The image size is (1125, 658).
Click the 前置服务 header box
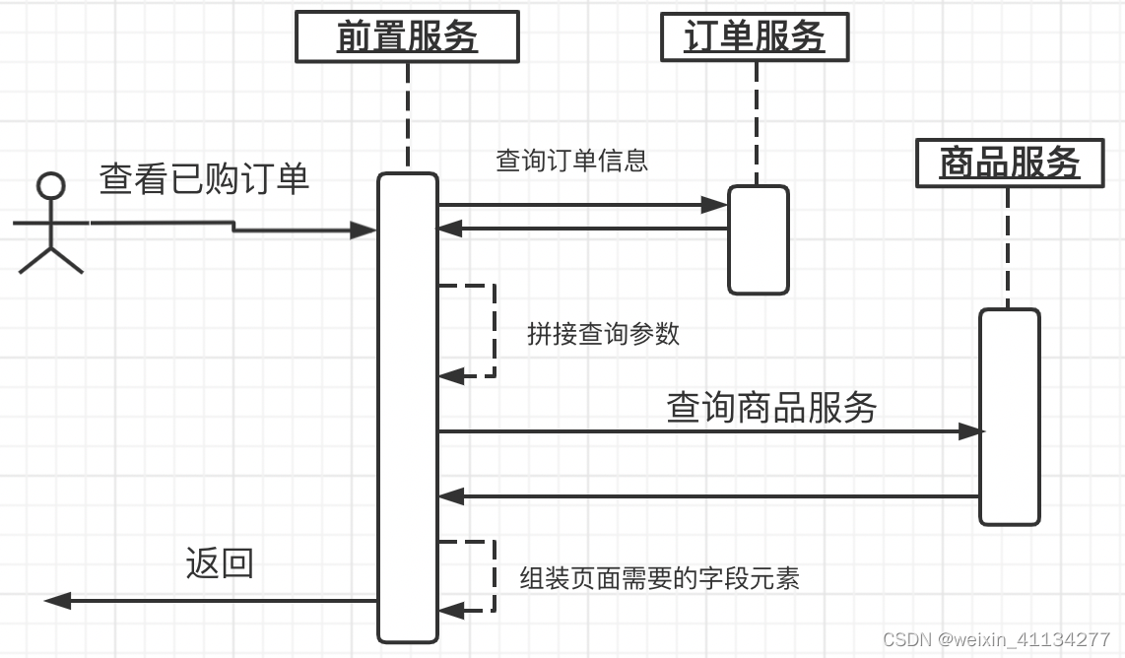click(x=407, y=38)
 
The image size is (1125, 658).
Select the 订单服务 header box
click(x=754, y=38)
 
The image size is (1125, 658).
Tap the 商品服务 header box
click(x=1009, y=163)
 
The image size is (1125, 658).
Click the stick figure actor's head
click(x=50, y=185)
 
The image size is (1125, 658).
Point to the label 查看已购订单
click(x=205, y=179)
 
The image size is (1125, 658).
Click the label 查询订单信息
click(x=571, y=161)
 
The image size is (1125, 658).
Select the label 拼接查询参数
click(x=603, y=334)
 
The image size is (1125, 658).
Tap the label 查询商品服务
click(x=771, y=407)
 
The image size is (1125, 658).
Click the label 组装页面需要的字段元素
click(x=659, y=578)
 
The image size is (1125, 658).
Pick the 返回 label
click(x=220, y=563)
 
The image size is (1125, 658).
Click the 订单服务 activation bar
click(x=759, y=239)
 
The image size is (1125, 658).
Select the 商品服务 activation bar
click(x=1009, y=417)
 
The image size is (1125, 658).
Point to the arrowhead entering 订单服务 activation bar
click(x=716, y=205)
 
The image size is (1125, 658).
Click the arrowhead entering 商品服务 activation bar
click(x=970, y=431)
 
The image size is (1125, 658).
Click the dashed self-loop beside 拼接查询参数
click(x=493, y=331)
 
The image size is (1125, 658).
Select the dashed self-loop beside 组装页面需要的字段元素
click(x=493, y=576)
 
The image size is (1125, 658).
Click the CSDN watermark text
click(x=996, y=639)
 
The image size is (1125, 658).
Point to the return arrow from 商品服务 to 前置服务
click(x=709, y=496)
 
